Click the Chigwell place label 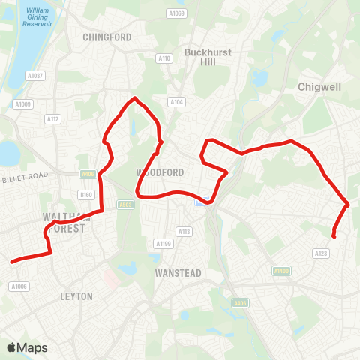(319, 86)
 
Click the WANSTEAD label (178, 273)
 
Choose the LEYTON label (76, 296)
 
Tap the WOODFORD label (160, 172)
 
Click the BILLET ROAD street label (25, 177)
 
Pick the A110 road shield (164, 58)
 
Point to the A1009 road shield (23, 104)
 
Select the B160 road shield (85, 195)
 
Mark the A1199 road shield (163, 244)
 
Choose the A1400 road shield (281, 271)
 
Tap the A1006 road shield (19, 286)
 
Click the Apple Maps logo (28, 347)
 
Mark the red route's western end (11, 262)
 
